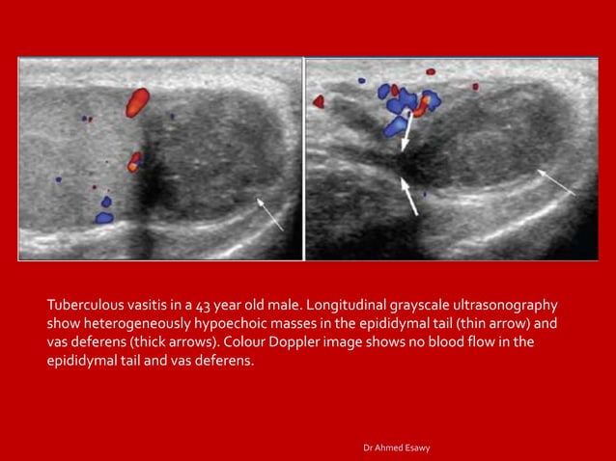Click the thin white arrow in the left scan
[270, 213]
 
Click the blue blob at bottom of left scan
[104, 216]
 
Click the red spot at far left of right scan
[319, 99]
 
